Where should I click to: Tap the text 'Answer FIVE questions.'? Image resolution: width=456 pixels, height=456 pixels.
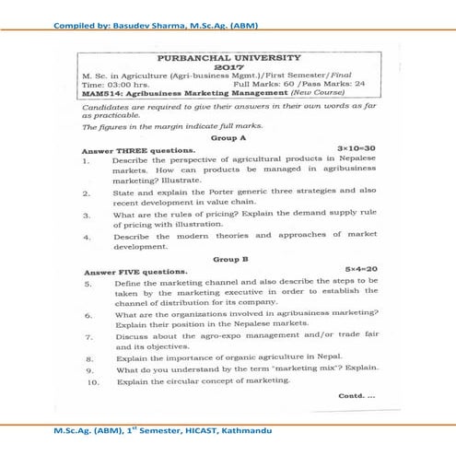pos(134,273)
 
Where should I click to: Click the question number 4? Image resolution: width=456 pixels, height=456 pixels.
pos(86,237)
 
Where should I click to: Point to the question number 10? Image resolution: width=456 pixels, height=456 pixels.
pos(88,380)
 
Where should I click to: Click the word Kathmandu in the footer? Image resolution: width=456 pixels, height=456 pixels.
pos(240,430)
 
